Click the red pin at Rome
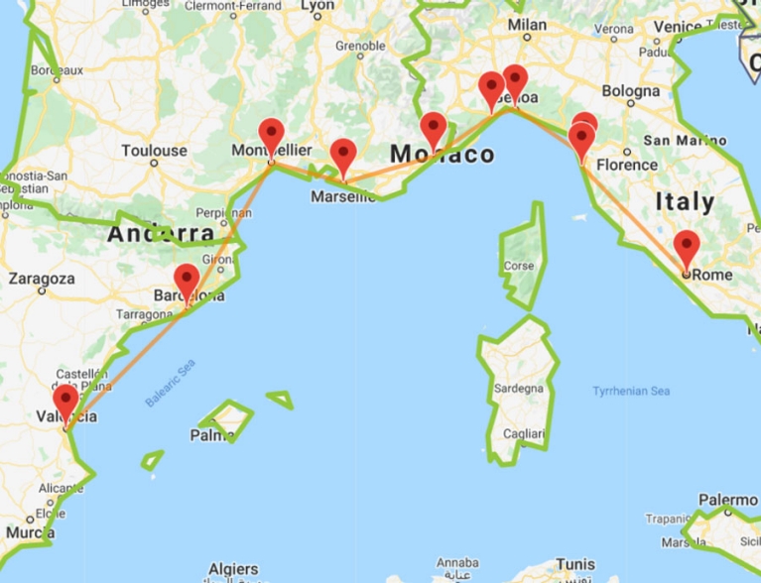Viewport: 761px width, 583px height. pyautogui.click(x=686, y=248)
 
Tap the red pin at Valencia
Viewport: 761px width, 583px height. pyautogui.click(x=65, y=403)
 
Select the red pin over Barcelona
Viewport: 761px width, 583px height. pyautogui.click(x=186, y=282)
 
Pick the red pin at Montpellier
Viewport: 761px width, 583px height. pyautogui.click(x=271, y=136)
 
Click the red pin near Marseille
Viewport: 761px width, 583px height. pyautogui.click(x=343, y=156)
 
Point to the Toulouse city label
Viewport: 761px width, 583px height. pyautogui.click(x=154, y=151)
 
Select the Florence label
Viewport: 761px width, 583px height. pyautogui.click(x=627, y=165)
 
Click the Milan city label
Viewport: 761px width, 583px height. pyautogui.click(x=527, y=25)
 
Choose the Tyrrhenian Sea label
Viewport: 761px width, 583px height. pyautogui.click(x=631, y=391)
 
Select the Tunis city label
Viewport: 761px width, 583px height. pyautogui.click(x=575, y=564)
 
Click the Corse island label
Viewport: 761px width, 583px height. pyautogui.click(x=519, y=266)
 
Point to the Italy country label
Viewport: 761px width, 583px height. pyautogui.click(x=685, y=202)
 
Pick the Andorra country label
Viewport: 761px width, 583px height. pyautogui.click(x=160, y=234)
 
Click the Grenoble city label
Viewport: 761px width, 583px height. pyautogui.click(x=359, y=47)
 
